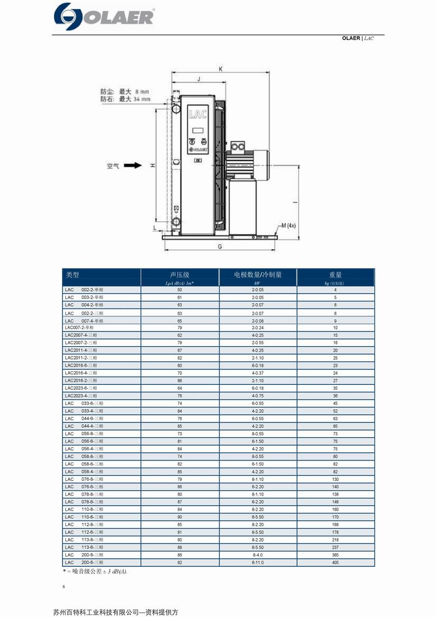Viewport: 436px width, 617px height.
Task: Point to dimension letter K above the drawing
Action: (x=220, y=69)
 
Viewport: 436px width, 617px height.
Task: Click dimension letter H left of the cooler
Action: (x=153, y=165)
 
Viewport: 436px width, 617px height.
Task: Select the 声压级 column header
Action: (x=180, y=275)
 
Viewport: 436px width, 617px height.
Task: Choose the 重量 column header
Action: (x=335, y=275)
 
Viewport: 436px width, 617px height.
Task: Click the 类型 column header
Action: (x=72, y=275)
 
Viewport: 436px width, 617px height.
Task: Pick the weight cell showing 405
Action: (x=335, y=562)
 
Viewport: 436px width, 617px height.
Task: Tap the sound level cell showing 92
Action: (x=180, y=562)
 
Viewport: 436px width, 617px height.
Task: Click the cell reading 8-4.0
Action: (x=258, y=554)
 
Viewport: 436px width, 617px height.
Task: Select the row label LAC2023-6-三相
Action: (x=81, y=388)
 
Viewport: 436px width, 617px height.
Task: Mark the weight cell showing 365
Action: (x=335, y=554)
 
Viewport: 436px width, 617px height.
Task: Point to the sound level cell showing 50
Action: (x=180, y=290)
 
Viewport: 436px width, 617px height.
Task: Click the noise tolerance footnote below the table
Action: (x=95, y=571)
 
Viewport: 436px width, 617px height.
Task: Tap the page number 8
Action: (x=64, y=586)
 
